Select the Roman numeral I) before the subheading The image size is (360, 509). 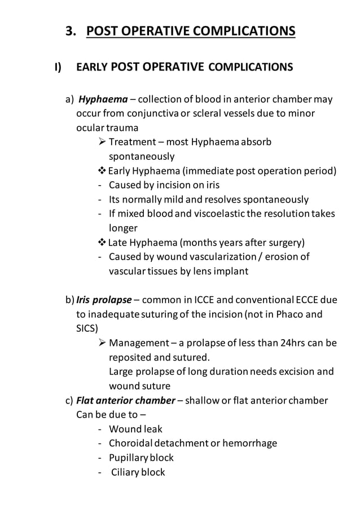point(58,68)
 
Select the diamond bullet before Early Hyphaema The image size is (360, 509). point(102,171)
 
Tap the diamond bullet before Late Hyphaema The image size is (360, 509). point(102,243)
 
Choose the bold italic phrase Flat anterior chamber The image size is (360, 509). point(125,401)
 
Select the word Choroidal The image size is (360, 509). point(133,443)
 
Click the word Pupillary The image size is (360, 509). point(130,457)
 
